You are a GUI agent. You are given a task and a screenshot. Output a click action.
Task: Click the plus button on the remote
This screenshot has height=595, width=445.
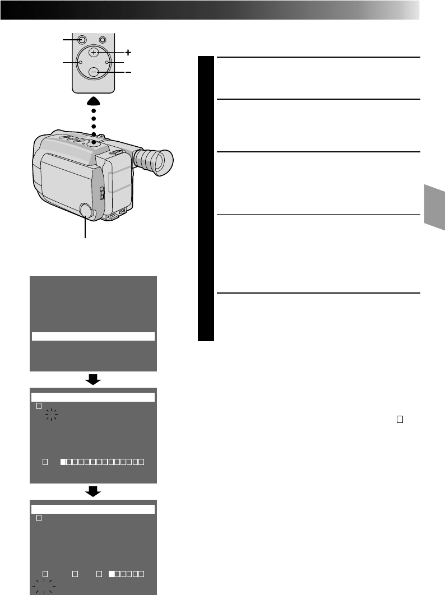94,52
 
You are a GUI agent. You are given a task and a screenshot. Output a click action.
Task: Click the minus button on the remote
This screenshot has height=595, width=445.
94,72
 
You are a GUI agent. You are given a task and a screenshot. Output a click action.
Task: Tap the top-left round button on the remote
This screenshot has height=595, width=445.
82,40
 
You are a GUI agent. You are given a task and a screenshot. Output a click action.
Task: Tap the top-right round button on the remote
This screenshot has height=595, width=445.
103,40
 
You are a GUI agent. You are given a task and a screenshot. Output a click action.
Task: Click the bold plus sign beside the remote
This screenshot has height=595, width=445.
128,53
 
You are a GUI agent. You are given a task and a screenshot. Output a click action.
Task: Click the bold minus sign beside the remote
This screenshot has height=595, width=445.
128,73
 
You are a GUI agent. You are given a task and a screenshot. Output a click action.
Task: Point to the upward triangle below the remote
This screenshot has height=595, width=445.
93,101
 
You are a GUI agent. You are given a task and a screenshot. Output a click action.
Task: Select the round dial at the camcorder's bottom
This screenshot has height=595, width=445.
86,210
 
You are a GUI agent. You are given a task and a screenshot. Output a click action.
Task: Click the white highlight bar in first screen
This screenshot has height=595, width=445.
93,336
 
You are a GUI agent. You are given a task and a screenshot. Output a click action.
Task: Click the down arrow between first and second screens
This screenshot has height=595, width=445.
93,379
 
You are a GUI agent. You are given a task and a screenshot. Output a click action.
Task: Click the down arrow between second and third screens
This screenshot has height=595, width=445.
93,491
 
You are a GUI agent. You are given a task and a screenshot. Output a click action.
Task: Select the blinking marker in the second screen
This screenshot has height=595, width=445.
52,415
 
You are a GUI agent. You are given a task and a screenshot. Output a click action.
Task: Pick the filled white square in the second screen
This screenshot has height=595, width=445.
64,462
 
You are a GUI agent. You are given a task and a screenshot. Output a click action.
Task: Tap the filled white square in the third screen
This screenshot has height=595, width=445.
112,574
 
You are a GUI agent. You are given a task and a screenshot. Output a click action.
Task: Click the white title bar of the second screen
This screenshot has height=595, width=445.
93,397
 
